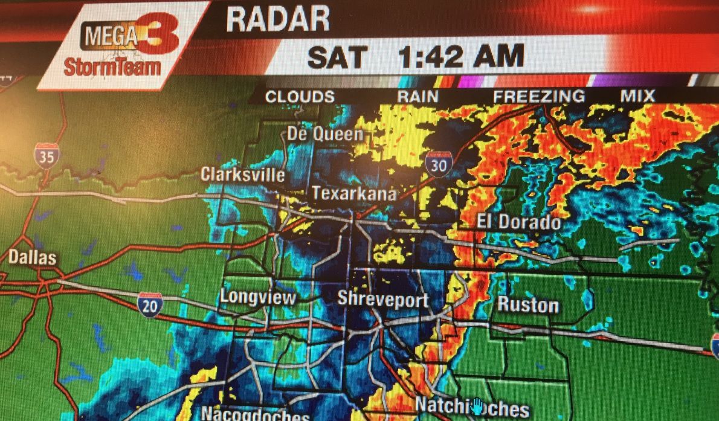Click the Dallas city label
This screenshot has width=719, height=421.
(32, 257)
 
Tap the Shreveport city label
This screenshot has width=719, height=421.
(382, 299)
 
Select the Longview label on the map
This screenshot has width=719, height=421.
(258, 297)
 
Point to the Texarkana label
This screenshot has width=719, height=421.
(354, 193)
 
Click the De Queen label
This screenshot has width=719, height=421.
(325, 133)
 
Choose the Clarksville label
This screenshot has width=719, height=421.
(243, 175)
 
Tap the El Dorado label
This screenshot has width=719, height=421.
(518, 222)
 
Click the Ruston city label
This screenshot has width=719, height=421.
(527, 304)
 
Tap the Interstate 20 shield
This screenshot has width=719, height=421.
(149, 304)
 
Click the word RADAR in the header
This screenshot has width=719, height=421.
(278, 19)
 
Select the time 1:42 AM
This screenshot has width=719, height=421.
(461, 57)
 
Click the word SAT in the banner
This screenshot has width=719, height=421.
(337, 58)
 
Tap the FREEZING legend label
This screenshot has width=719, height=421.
(539, 96)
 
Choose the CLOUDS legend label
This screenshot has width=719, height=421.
(300, 97)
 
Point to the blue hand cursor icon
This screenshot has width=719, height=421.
(477, 407)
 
